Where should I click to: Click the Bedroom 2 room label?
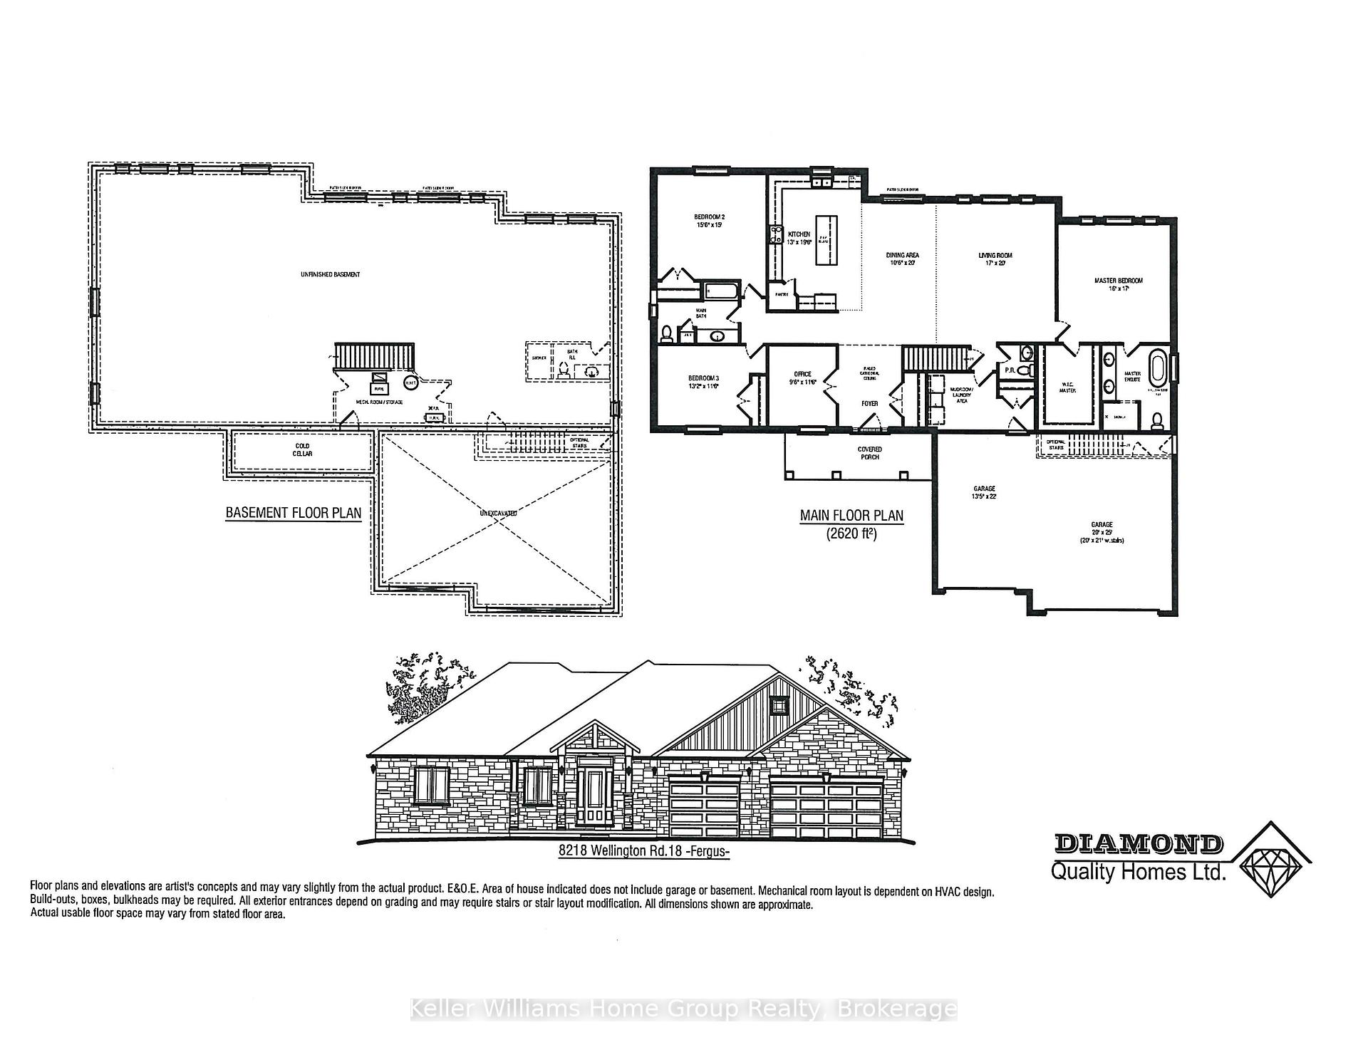tap(709, 220)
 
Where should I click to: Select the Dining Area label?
tap(902, 259)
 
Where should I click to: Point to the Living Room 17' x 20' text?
tap(995, 259)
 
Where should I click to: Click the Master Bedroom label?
tap(1118, 284)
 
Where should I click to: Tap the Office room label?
tap(803, 378)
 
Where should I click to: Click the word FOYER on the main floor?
tap(869, 404)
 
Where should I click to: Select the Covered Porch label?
tap(869, 453)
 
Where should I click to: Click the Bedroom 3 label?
tap(703, 382)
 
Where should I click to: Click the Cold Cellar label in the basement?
tap(303, 450)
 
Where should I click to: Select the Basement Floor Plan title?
tap(293, 513)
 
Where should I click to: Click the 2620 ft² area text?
tap(851, 533)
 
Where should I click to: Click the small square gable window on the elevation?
tap(779, 705)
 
